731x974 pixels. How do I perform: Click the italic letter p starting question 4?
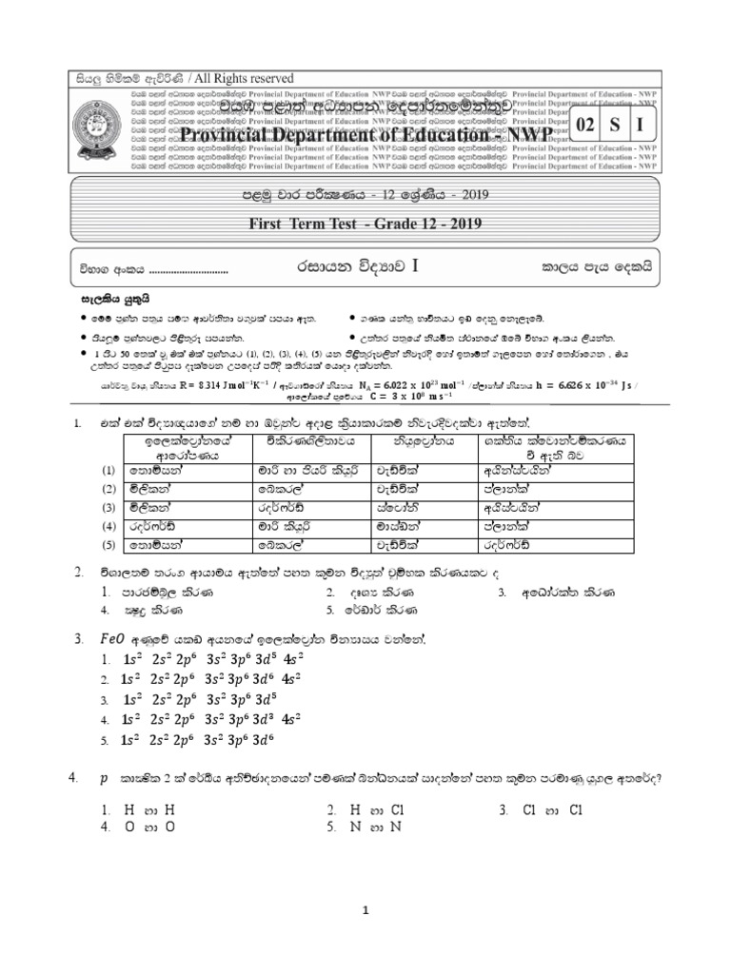pos(102,778)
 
